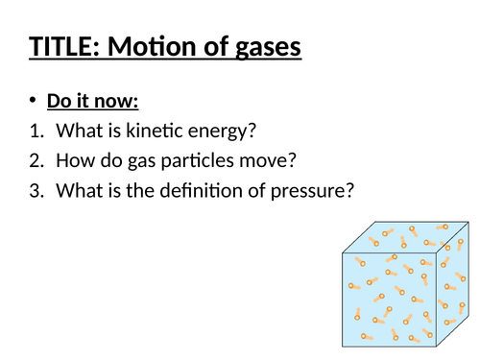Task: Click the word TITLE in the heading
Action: (65, 45)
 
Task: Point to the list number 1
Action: (36, 132)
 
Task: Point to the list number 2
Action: (36, 161)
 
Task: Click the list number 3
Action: (36, 191)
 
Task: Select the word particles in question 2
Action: (185, 161)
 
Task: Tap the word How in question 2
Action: (75, 161)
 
